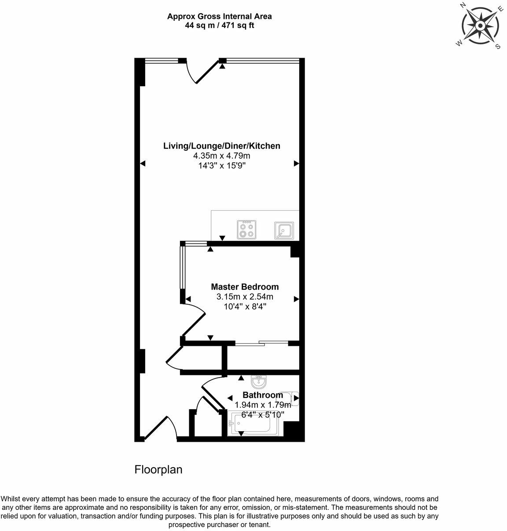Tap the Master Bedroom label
point(245,287)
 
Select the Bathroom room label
point(263,395)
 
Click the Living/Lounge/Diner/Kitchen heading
point(221,145)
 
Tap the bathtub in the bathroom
point(253,424)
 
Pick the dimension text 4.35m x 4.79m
point(221,156)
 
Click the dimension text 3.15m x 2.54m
point(245,297)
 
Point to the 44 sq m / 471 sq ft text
point(219,25)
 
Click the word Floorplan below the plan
point(158,469)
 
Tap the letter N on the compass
point(463,5)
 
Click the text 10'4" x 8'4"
point(245,307)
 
